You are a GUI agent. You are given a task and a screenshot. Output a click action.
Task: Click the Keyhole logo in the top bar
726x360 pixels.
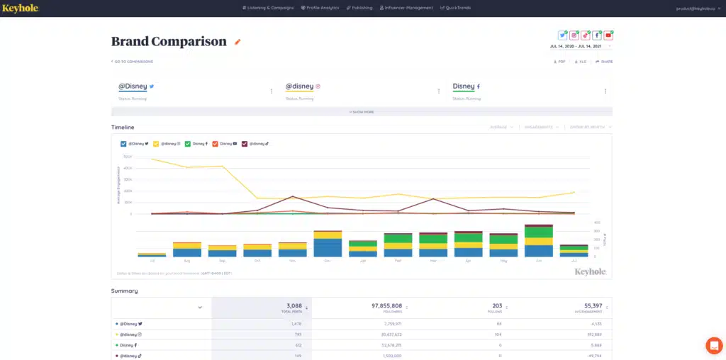click(x=20, y=8)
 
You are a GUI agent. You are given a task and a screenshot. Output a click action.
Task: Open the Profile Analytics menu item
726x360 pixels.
click(x=320, y=8)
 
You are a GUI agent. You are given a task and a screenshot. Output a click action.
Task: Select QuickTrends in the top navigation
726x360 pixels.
click(x=455, y=8)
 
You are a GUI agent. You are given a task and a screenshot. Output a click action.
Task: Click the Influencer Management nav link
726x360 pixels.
click(x=406, y=8)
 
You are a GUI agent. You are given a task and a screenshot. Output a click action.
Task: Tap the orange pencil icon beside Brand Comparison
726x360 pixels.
click(x=238, y=42)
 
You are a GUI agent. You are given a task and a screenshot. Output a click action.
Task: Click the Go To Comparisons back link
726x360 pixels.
click(x=133, y=62)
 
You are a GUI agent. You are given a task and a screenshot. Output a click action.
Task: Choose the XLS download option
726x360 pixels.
click(x=581, y=62)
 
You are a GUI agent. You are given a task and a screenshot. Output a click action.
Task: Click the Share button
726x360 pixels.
click(x=604, y=62)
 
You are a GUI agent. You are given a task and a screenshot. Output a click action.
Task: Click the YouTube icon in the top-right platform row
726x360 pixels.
click(x=608, y=35)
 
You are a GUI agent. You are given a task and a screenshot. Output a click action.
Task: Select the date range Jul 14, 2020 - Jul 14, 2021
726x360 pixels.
click(x=579, y=46)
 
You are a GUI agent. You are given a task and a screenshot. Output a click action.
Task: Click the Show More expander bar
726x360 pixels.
click(x=362, y=112)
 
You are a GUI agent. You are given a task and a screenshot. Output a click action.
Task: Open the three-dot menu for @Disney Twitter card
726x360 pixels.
click(x=272, y=91)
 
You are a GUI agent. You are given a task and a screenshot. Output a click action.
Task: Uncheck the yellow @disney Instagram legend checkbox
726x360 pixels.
click(x=156, y=143)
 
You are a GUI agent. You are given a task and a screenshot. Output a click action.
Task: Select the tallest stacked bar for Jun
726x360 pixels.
click(x=539, y=241)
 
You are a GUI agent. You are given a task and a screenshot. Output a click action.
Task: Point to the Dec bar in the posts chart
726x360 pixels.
click(x=328, y=244)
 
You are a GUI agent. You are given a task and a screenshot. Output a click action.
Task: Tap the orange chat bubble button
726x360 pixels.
click(x=713, y=345)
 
